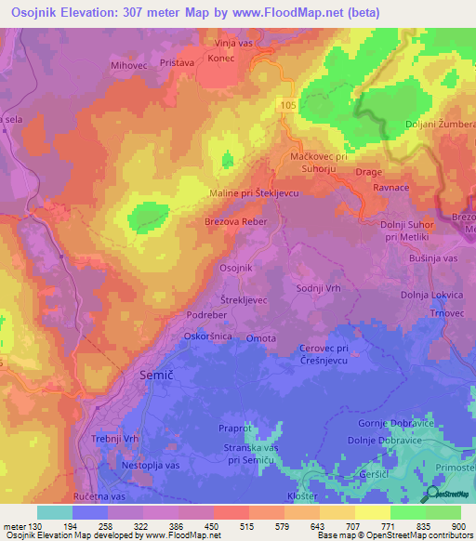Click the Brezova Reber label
tap(236, 222)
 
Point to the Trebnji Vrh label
tap(115, 439)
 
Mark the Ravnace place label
tap(392, 187)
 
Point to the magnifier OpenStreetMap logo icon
tap(430, 494)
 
